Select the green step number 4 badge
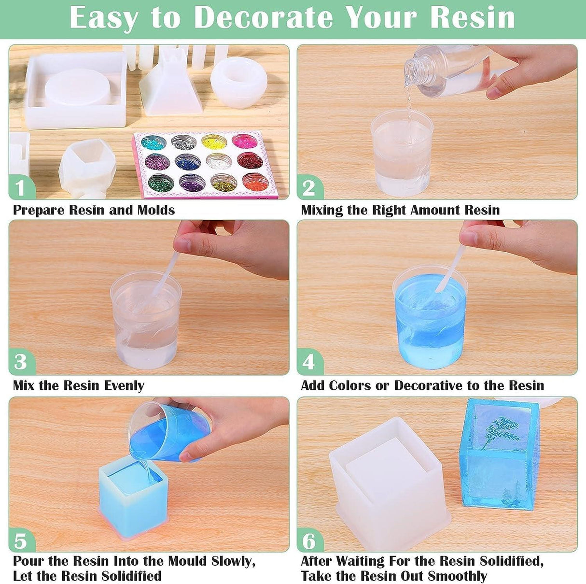tap(309, 362)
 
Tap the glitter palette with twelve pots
tap(205, 164)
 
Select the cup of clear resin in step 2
tap(402, 152)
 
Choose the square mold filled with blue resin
tap(133, 493)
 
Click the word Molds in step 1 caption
tap(156, 210)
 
